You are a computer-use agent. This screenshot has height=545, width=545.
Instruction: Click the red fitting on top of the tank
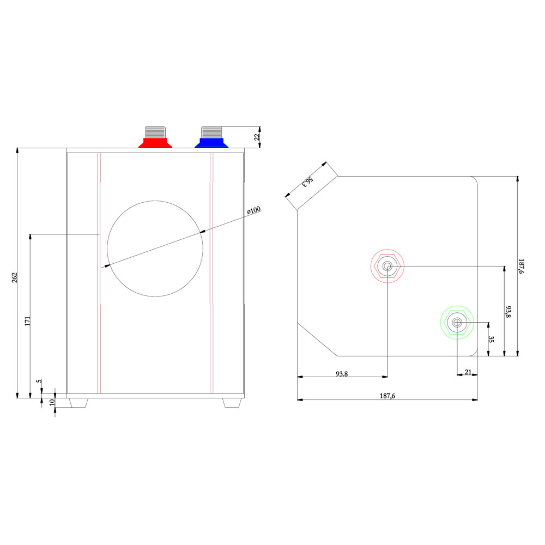coord(155,143)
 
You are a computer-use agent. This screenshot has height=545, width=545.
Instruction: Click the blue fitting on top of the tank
coord(211,143)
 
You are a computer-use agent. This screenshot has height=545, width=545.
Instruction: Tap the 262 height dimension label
coord(15,278)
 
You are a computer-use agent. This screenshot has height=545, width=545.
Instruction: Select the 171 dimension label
coord(28,320)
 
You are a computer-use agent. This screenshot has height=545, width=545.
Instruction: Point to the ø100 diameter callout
coord(254,210)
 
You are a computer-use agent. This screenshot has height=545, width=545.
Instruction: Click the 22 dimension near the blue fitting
coord(257,137)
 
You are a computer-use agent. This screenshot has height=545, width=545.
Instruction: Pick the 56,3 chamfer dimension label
coord(307,181)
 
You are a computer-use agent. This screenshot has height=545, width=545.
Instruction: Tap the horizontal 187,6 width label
coord(387,396)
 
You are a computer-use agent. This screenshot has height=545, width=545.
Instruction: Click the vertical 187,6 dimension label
coord(521,267)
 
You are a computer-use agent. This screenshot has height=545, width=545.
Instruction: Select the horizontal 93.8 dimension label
coord(342,374)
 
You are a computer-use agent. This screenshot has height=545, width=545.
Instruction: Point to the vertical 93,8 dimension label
coord(508,312)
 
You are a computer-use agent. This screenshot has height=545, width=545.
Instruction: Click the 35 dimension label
coord(491,339)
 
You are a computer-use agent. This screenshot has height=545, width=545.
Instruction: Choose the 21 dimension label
coord(468,372)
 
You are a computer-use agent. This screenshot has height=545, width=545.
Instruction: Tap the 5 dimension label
coord(40,381)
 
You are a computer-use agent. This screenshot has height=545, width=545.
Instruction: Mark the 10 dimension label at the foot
coord(52,403)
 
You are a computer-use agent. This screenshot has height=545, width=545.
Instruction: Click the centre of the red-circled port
coord(387,267)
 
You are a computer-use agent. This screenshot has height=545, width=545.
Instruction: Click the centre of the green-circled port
coord(457,323)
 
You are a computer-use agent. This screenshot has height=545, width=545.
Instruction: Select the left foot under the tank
coord(78,403)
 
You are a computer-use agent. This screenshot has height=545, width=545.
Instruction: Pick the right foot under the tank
coord(232,403)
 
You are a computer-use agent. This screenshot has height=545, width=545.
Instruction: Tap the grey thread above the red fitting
coord(155,132)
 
